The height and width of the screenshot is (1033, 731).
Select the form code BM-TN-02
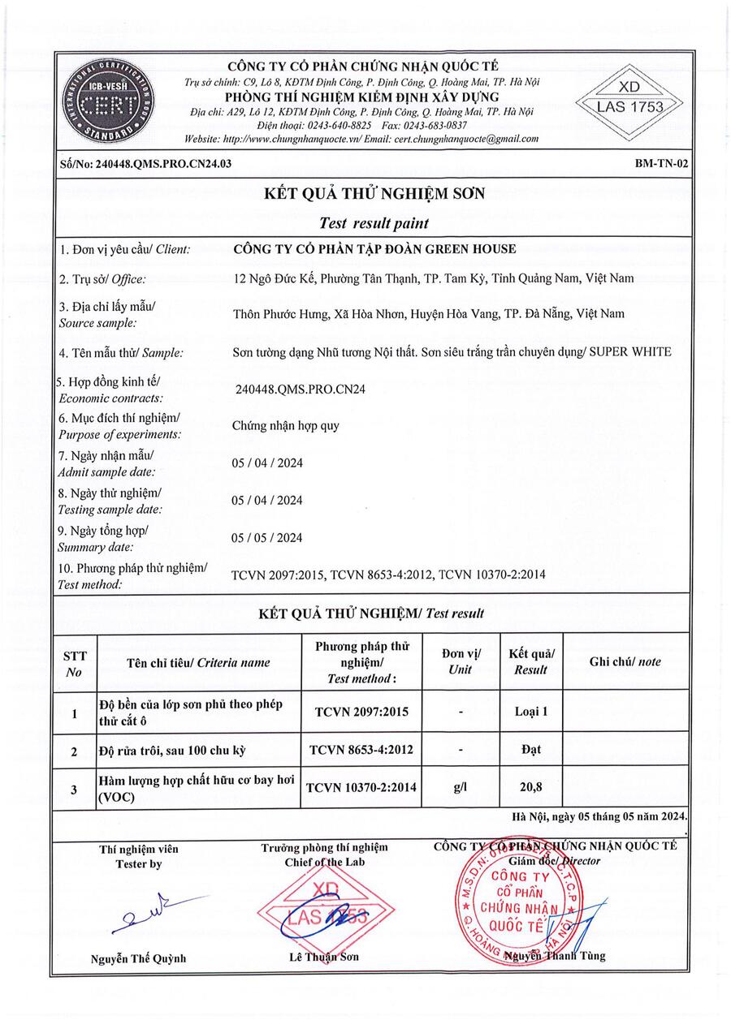pyautogui.click(x=662, y=164)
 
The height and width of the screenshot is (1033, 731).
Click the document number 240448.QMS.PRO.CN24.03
pyautogui.click(x=145, y=164)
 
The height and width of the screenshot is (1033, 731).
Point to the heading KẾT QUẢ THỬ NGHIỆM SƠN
pyautogui.click(x=374, y=193)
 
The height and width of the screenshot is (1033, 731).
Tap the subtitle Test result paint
pyautogui.click(x=374, y=222)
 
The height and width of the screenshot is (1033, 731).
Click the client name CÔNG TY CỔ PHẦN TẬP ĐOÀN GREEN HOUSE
pyautogui.click(x=374, y=249)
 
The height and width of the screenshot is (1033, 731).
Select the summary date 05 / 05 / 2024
pyautogui.click(x=267, y=537)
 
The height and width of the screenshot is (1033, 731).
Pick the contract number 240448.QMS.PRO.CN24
pyautogui.click(x=300, y=389)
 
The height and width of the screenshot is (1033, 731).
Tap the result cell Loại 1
pyautogui.click(x=531, y=712)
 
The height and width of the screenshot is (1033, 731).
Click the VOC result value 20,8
pyautogui.click(x=531, y=786)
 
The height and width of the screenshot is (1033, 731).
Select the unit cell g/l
pyautogui.click(x=461, y=786)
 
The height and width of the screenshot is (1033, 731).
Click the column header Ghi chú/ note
pyautogui.click(x=625, y=661)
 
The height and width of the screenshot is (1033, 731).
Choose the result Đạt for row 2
pyautogui.click(x=531, y=750)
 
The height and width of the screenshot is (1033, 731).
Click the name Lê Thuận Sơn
pyautogui.click(x=323, y=957)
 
